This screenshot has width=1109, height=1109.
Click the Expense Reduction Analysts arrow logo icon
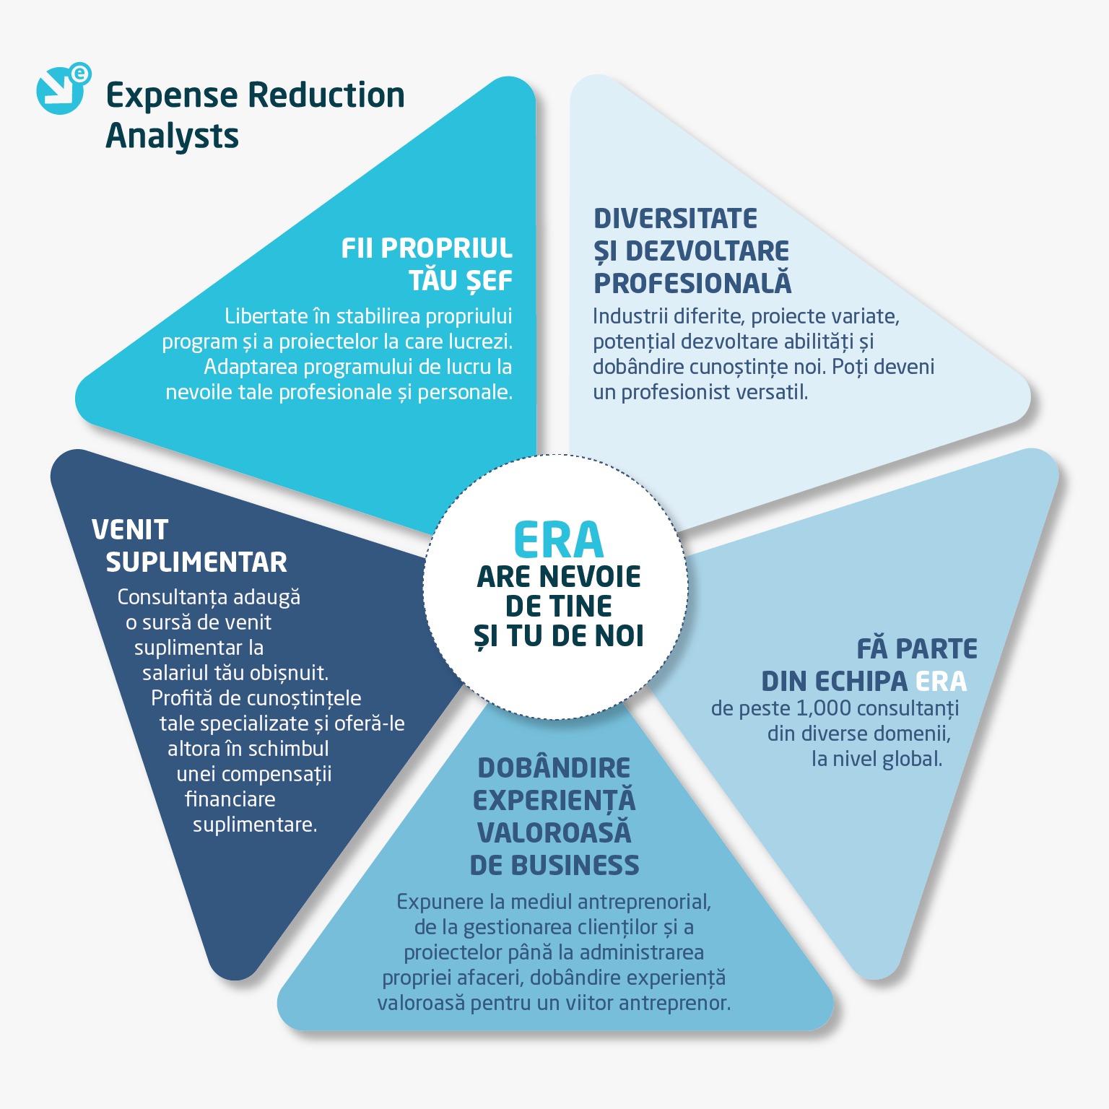tap(61, 90)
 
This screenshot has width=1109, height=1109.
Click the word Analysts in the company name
tap(172, 136)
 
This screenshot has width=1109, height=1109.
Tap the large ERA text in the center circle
tap(558, 541)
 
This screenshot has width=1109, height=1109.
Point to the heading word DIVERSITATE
tap(675, 219)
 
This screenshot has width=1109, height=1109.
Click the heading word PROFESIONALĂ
tap(692, 284)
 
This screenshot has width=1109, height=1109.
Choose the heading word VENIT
tap(130, 530)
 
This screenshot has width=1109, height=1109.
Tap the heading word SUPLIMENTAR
tap(196, 562)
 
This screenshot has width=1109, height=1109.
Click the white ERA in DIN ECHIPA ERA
tap(941, 681)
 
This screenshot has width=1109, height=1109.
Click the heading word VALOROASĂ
tap(554, 832)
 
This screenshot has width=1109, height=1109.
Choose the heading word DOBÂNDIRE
tap(554, 767)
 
